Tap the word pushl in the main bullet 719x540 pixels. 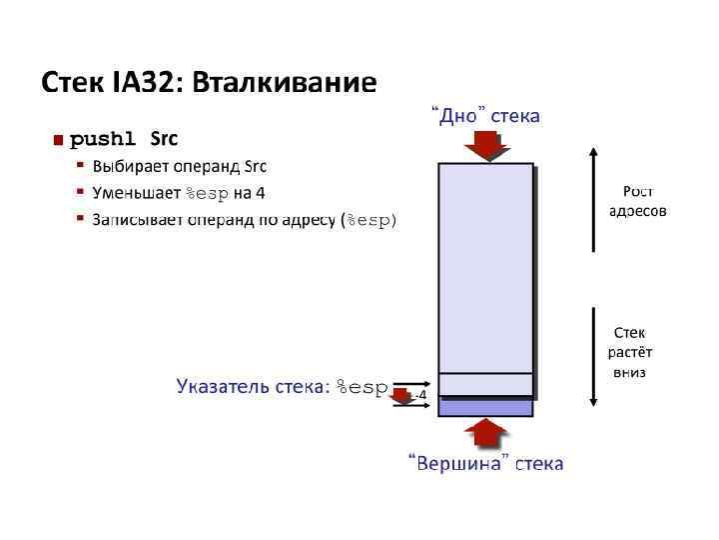[x=102, y=138]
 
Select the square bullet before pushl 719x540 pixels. [x=59, y=139]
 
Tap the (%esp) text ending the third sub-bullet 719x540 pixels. [x=368, y=220]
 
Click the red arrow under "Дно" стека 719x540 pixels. [x=486, y=145]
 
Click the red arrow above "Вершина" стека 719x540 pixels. [x=486, y=433]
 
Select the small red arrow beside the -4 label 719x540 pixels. [x=401, y=395]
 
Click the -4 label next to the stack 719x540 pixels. [x=420, y=396]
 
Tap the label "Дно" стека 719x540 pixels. [x=485, y=116]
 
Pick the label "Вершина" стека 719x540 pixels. [x=485, y=463]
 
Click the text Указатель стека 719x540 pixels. [x=249, y=387]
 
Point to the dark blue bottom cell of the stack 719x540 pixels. [x=486, y=407]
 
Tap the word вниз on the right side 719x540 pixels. [x=629, y=372]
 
